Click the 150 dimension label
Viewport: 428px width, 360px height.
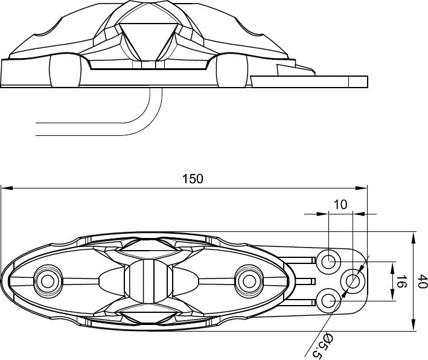[193, 179]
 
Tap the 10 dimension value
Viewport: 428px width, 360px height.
[340, 205]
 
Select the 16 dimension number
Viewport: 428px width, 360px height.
[400, 281]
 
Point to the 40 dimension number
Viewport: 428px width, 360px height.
[423, 281]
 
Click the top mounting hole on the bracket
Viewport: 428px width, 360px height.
[328, 262]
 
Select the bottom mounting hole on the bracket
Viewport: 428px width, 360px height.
[328, 301]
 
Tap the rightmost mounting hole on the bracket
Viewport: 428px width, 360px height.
[353, 281]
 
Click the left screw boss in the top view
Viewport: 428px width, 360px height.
[48, 281]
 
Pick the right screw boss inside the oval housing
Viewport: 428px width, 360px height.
[249, 281]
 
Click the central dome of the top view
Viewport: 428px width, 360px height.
[149, 281]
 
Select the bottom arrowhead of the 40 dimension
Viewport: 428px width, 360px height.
[414, 325]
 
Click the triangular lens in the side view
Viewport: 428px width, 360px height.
[149, 41]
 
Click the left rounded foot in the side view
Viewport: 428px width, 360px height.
[65, 71]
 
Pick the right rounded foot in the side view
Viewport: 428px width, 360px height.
[232, 71]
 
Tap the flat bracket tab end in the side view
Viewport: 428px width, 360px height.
[358, 82]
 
